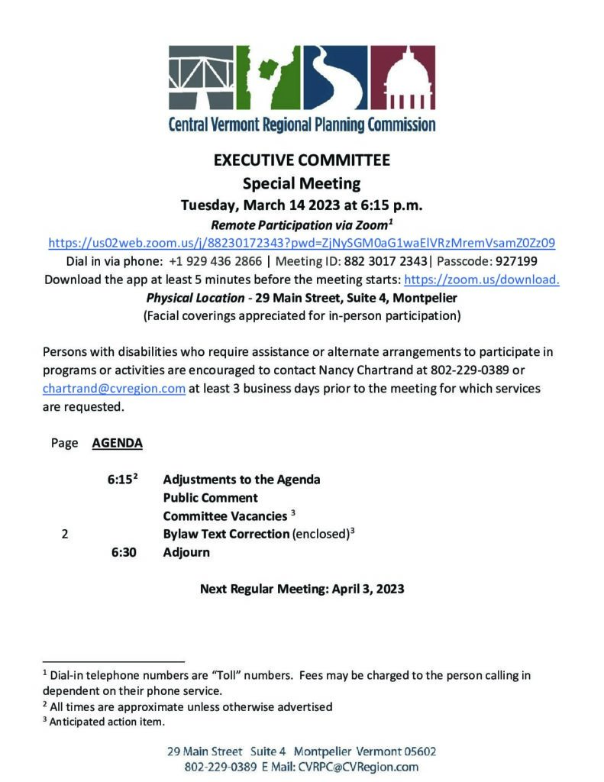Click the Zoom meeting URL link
[x=302, y=244]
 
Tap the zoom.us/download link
[x=481, y=280]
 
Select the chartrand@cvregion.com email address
[x=115, y=389]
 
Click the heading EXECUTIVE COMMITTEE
[x=302, y=161]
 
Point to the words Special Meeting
[x=302, y=183]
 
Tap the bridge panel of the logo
[x=200, y=79]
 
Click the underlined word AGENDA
[x=117, y=443]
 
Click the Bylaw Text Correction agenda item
[x=226, y=535]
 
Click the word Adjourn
[x=186, y=552]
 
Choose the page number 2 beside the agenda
[x=65, y=535]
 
